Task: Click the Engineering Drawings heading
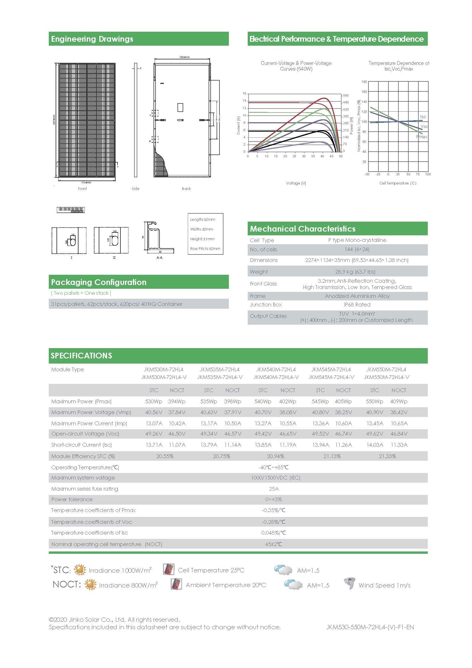coord(92,39)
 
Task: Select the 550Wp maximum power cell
coord(374,402)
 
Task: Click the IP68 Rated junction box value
coord(357,305)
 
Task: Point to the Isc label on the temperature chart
coord(423,117)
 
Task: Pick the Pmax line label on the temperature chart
coord(422,137)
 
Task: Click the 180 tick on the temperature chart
coord(364,82)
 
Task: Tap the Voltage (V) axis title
coord(296,183)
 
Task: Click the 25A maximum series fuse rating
coord(274,489)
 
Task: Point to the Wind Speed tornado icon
coord(349,583)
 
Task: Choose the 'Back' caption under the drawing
coord(186,188)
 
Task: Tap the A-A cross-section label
coord(160,258)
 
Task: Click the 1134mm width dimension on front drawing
coord(86,182)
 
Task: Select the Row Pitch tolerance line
coord(205,248)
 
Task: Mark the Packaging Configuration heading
coord(99,282)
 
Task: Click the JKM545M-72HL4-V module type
coord(331,377)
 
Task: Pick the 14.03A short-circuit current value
coord(375,445)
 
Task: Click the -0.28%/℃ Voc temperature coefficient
coord(273,522)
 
